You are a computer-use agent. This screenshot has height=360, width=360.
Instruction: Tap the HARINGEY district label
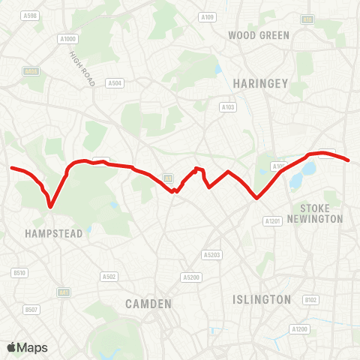click(260, 84)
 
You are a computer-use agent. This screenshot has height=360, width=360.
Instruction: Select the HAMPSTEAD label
click(54, 234)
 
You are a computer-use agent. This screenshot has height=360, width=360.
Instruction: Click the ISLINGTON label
click(262, 299)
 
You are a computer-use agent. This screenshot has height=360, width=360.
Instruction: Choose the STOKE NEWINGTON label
click(321, 213)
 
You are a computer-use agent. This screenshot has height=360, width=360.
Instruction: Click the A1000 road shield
click(68, 39)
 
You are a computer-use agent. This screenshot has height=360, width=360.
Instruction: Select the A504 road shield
click(115, 83)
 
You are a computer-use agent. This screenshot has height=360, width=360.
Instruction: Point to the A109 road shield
click(207, 17)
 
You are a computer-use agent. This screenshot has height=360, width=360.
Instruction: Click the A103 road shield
click(228, 107)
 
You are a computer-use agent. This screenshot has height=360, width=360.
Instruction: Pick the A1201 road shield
click(272, 220)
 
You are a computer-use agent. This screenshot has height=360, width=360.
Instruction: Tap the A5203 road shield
click(213, 255)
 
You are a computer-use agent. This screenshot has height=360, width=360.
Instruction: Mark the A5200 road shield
click(191, 277)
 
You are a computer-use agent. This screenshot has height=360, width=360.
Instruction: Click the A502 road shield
click(109, 276)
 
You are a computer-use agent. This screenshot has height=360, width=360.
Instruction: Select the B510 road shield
click(19, 273)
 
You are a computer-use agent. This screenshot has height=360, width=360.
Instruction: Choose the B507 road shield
click(31, 309)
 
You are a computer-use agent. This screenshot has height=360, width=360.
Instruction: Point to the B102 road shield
click(310, 299)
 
